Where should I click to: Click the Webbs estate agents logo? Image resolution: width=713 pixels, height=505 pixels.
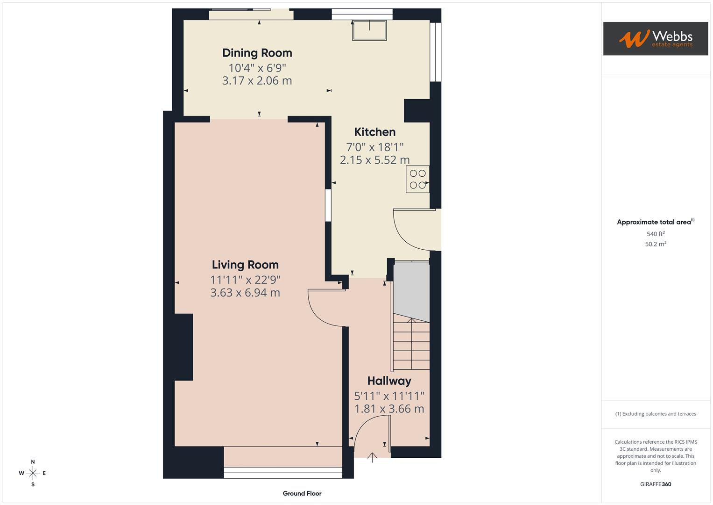point(655,38)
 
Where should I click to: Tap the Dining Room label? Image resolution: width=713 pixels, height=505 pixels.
point(257,53)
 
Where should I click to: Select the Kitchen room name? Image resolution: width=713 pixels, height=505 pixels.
point(374,132)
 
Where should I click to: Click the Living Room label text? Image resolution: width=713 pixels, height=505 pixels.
point(245,265)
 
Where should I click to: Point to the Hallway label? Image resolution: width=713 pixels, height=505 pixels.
point(389,381)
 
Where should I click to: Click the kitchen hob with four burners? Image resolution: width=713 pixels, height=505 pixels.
point(417,179)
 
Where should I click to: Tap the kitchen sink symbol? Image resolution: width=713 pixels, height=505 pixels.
point(369,30)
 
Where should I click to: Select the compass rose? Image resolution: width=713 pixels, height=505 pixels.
point(33,473)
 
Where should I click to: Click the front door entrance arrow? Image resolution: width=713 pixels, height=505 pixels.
point(372,457)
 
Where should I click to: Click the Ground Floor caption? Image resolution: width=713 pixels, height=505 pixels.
point(302,493)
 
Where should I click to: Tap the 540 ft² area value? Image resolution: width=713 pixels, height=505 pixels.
point(655,234)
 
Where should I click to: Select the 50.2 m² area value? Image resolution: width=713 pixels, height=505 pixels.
point(655,244)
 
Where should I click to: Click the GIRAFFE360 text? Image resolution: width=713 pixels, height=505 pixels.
point(655,484)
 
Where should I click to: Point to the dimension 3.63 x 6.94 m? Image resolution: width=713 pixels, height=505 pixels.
point(245,293)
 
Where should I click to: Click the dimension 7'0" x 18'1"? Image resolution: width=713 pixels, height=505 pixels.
point(374,147)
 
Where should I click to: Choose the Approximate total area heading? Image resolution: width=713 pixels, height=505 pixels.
point(655,222)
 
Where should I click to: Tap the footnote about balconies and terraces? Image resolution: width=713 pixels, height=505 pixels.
point(655,414)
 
